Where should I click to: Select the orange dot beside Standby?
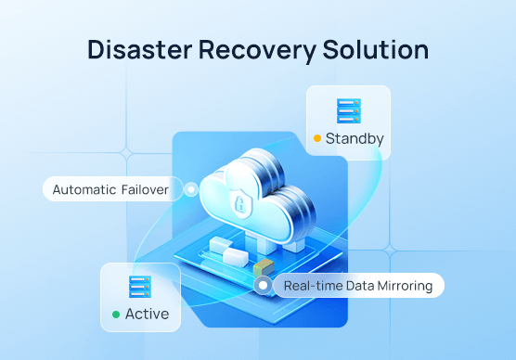point(316,139)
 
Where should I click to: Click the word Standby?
point(355,139)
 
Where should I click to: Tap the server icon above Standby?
point(349,111)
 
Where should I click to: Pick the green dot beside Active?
point(116,315)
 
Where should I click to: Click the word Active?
point(147,315)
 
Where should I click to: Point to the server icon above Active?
point(140,286)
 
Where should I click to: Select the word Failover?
point(145,189)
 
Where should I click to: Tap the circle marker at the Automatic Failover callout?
point(191,189)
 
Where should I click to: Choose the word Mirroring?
point(402,286)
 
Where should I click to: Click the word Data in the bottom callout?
point(355,286)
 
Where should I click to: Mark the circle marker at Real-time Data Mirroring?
point(264,286)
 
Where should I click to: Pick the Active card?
point(140,298)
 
